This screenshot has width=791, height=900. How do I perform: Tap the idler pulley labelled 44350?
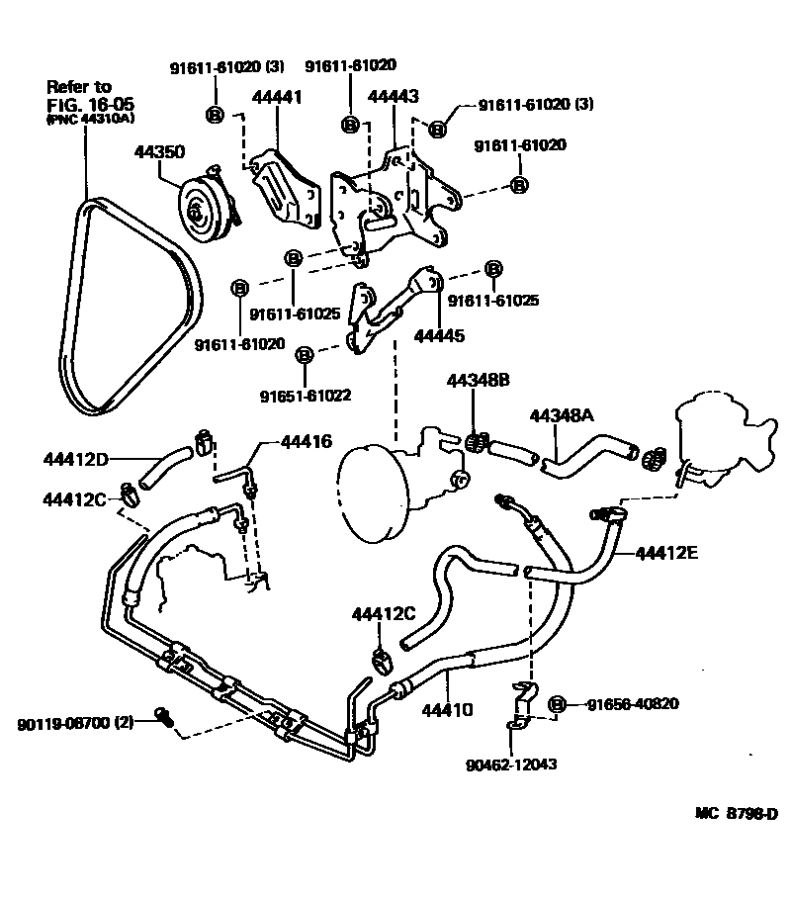click(x=203, y=209)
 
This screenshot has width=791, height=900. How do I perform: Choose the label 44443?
click(x=393, y=97)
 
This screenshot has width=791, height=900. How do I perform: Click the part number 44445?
click(x=438, y=335)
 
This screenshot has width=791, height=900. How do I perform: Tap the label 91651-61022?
click(x=306, y=396)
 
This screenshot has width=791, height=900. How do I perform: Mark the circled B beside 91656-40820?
click(x=557, y=703)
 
